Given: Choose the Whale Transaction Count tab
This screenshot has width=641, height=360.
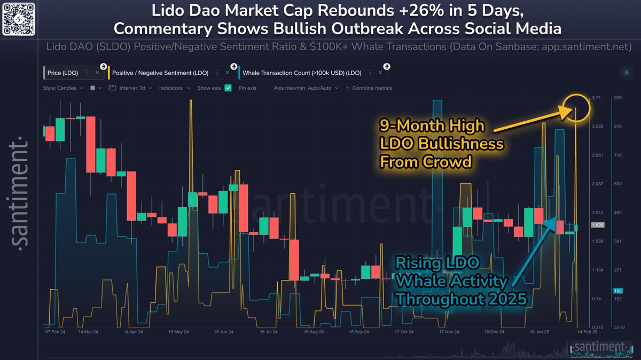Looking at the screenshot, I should [x=308, y=72].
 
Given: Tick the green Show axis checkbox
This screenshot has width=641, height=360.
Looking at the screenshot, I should [x=228, y=88].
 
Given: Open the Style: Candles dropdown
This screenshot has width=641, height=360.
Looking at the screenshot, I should [x=62, y=88].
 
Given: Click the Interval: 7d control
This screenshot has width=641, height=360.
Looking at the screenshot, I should [x=131, y=88].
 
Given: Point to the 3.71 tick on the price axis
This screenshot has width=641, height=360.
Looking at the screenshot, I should [x=597, y=98].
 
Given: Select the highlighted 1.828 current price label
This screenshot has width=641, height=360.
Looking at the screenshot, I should [x=597, y=226].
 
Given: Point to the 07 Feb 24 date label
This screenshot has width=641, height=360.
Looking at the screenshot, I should [x=56, y=332].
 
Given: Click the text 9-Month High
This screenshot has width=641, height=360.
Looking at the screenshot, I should [x=432, y=126].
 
